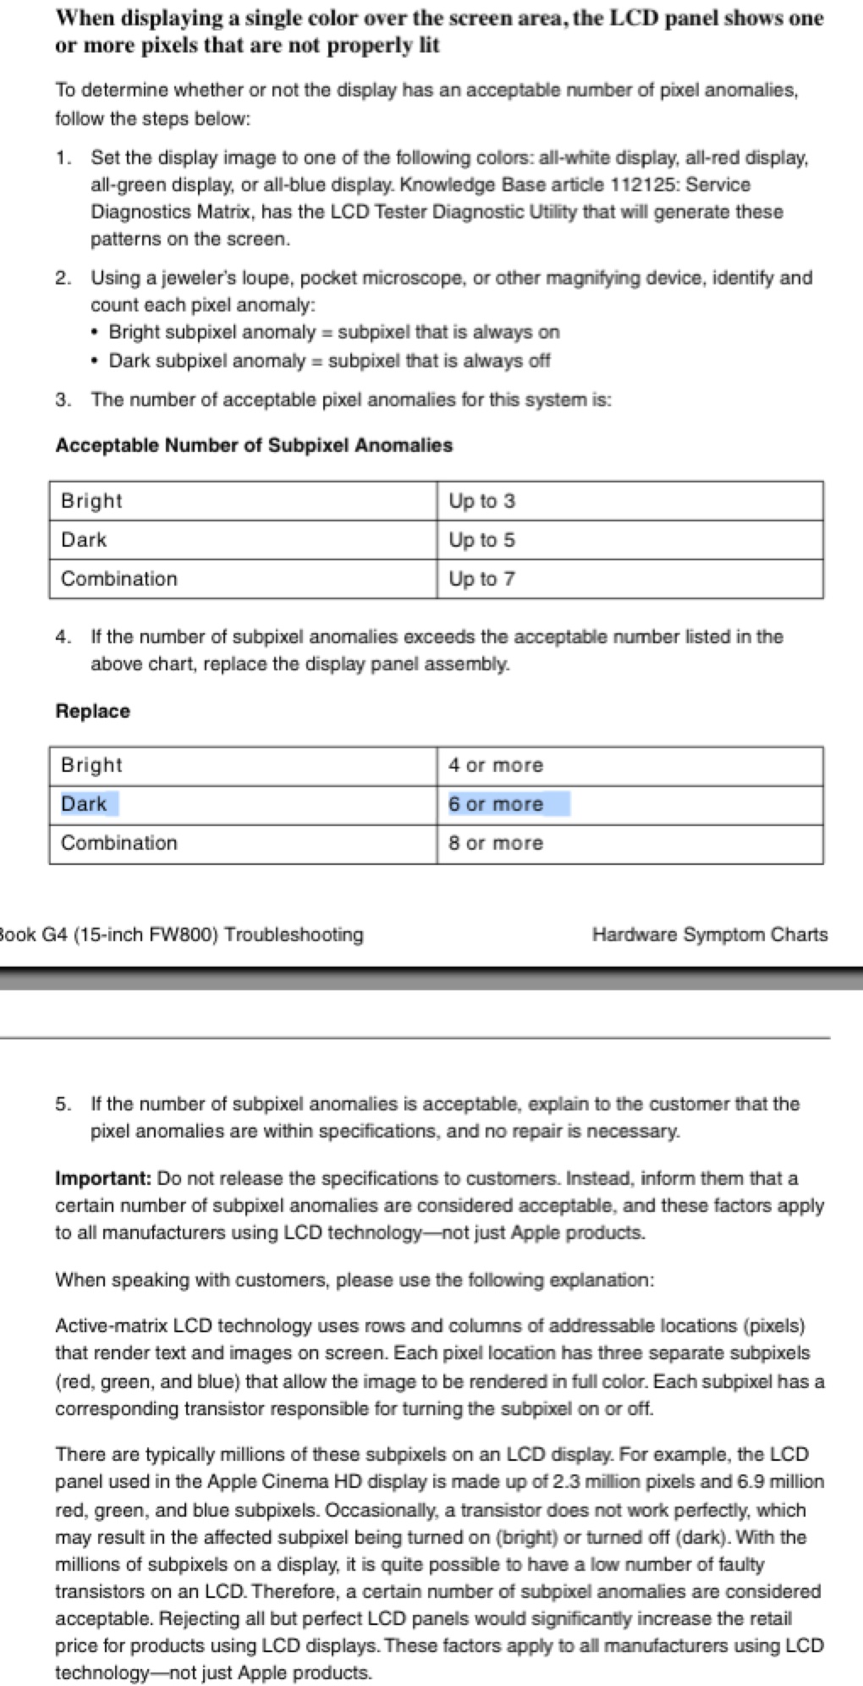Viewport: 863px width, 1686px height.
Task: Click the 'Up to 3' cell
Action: (x=481, y=501)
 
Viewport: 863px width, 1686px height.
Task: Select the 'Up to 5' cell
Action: (x=481, y=540)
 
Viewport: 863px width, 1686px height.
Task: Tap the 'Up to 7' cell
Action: (x=481, y=579)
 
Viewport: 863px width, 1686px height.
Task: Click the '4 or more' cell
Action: (x=496, y=765)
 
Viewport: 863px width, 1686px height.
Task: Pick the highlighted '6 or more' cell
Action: (x=496, y=804)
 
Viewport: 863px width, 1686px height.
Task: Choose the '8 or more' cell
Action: (x=496, y=843)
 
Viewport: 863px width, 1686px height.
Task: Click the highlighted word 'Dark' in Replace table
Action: (x=84, y=804)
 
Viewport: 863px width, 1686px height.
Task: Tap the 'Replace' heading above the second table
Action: (x=93, y=711)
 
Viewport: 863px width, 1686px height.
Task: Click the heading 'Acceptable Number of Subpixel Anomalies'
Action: (x=254, y=445)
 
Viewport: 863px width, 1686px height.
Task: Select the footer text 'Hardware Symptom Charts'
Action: (x=710, y=934)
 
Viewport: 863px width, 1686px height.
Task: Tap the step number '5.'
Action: (x=63, y=1104)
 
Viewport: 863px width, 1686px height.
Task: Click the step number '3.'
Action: (x=63, y=399)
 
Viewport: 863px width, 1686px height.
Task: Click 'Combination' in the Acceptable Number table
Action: (x=119, y=579)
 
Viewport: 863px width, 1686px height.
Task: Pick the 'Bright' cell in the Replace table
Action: (x=91, y=765)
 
